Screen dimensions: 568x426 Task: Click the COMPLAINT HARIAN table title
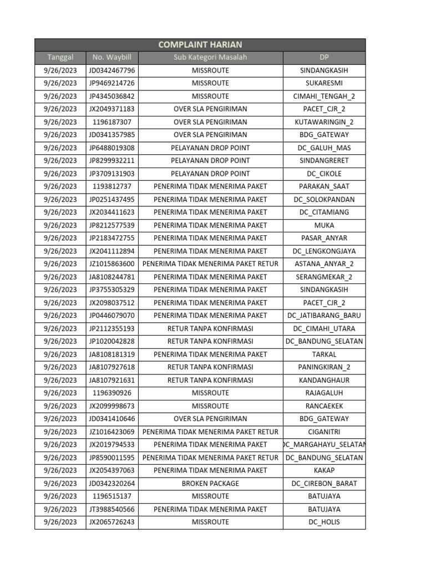tap(200, 45)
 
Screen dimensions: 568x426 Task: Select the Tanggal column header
tap(60, 58)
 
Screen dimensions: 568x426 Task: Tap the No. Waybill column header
tap(111, 58)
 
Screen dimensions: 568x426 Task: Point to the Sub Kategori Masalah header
tap(210, 58)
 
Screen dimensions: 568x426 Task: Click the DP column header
tap(324, 58)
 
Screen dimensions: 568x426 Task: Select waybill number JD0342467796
tap(111, 70)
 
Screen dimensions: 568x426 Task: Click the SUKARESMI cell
tap(324, 83)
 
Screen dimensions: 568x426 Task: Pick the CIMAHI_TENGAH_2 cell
tap(324, 96)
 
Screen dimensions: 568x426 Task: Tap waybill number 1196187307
tap(111, 122)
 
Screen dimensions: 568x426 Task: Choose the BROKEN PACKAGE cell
tap(210, 483)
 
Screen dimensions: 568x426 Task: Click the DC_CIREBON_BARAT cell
tap(324, 483)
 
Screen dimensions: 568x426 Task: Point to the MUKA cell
tap(324, 225)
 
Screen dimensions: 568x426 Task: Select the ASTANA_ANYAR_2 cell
tap(324, 264)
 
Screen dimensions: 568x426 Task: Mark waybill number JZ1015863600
tap(111, 264)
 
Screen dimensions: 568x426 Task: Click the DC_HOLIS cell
tap(324, 522)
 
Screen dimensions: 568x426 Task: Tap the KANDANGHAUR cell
tap(324, 380)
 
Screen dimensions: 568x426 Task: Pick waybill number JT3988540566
tap(111, 509)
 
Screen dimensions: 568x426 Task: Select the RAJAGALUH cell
tap(324, 393)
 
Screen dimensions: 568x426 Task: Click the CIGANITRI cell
tap(324, 432)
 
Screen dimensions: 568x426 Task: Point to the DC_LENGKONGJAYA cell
tap(324, 251)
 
